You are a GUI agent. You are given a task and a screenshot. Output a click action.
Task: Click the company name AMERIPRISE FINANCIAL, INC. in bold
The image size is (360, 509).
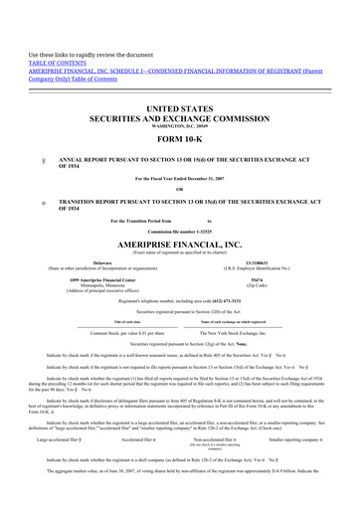180,253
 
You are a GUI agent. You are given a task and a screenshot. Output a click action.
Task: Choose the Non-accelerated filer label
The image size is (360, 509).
213,464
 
